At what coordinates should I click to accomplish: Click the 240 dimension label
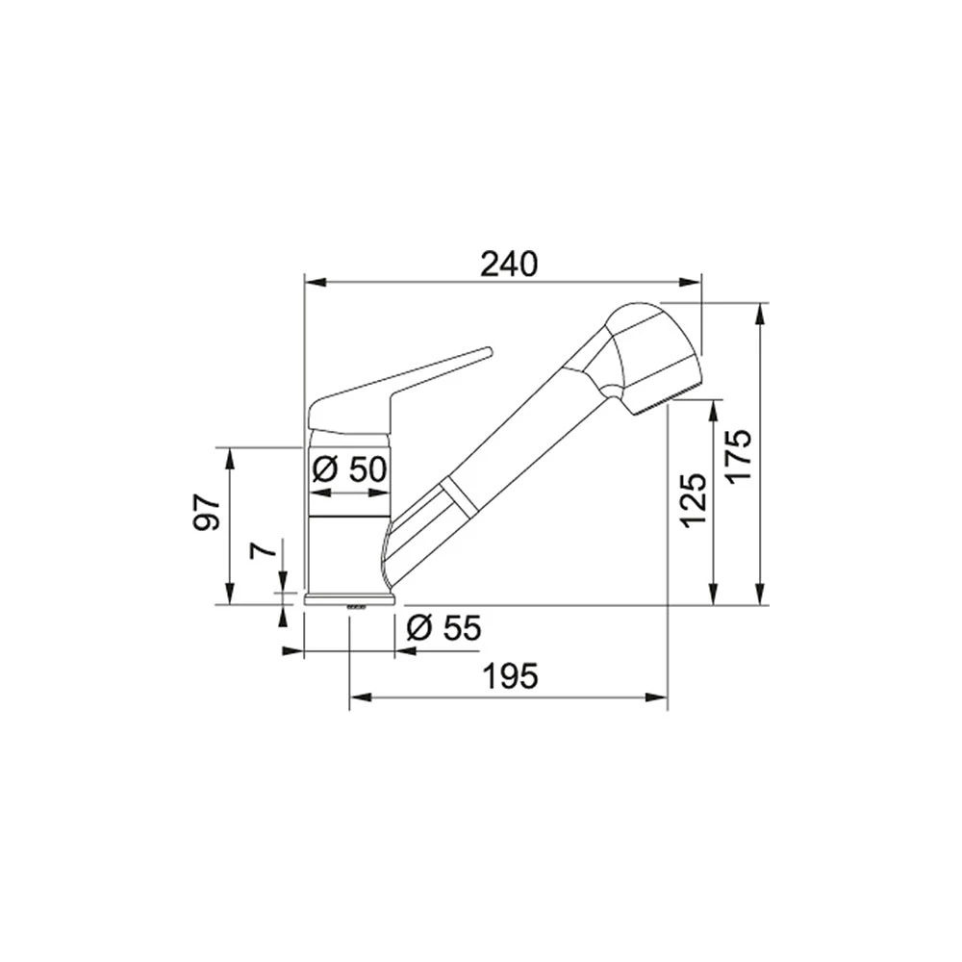(509, 264)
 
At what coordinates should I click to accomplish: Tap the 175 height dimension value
(738, 455)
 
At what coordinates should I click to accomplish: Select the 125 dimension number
(694, 500)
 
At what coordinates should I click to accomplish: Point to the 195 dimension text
(511, 676)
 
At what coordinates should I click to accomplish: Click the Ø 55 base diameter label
(444, 627)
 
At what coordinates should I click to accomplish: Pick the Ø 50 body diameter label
(350, 470)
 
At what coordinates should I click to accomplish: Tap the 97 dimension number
(208, 512)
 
